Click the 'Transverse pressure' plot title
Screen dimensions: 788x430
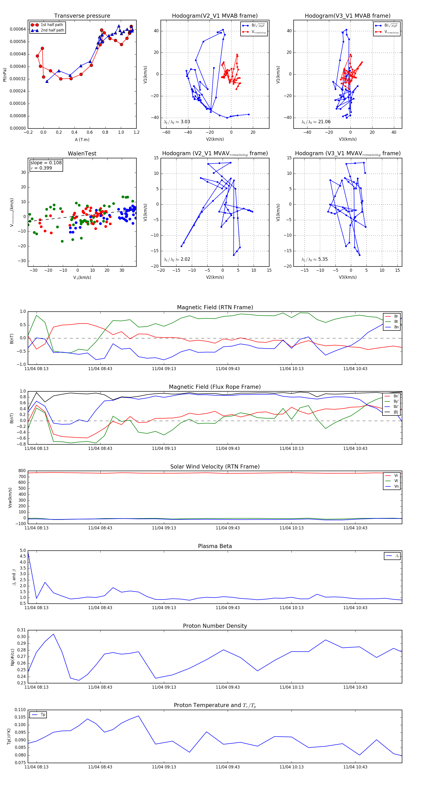coord(82,16)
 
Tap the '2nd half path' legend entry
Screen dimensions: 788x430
coord(52,30)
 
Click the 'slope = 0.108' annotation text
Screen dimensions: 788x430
coord(46,163)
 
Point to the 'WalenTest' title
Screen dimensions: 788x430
coord(82,154)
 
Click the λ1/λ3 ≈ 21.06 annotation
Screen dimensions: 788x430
coord(316,122)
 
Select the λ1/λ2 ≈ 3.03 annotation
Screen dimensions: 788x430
coord(177,122)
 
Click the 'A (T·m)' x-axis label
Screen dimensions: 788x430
coord(82,140)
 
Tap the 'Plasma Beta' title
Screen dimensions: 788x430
coord(215,546)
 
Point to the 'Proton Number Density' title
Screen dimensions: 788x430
coord(215,626)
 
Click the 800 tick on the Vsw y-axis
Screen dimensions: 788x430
coord(22,471)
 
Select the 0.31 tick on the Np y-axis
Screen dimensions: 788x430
coord(21,630)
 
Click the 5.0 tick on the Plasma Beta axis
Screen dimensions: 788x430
coord(23,551)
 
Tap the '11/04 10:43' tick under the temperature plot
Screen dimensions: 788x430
coord(355,767)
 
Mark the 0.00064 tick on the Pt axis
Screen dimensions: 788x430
coord(18,29)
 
